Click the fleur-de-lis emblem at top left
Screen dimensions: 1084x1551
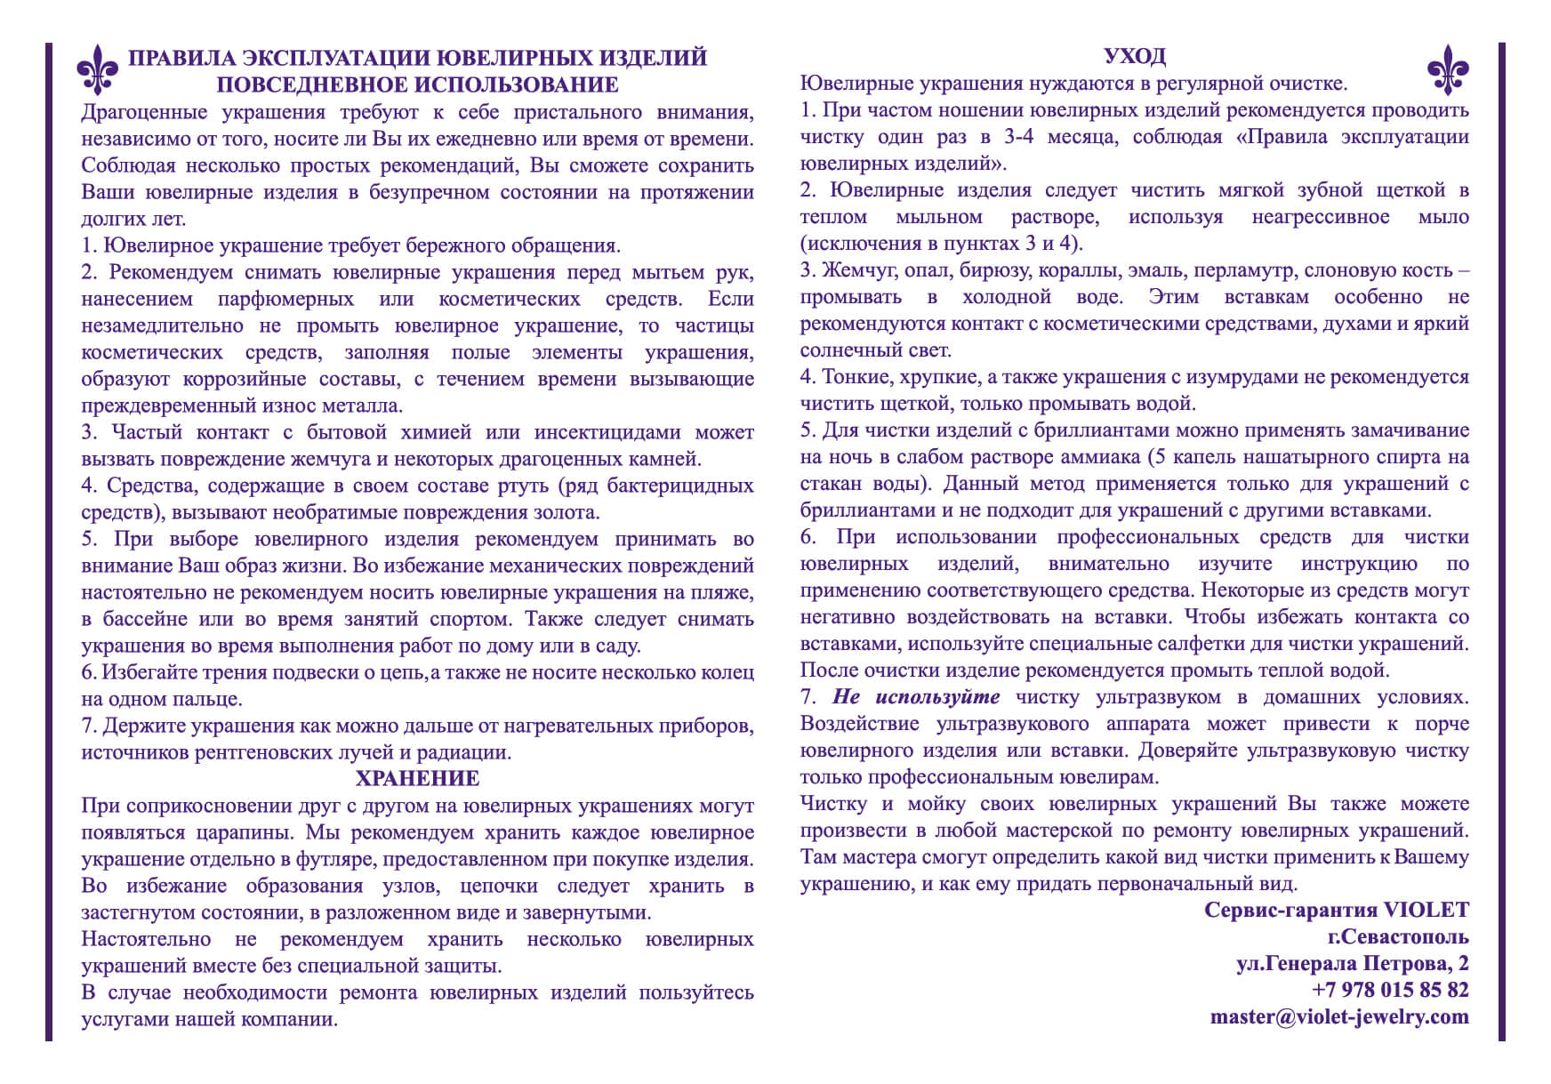coord(97,70)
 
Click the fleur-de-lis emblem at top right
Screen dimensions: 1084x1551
coord(1448,70)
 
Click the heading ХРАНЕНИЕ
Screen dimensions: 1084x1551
coord(417,779)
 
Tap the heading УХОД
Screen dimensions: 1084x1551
coord(1134,57)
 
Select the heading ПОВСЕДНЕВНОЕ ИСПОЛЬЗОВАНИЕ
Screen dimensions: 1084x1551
coord(417,85)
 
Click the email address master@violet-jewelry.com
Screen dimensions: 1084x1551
coord(1339,1017)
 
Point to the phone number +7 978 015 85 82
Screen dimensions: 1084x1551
coord(1390,990)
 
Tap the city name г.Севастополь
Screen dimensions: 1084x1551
coord(1398,936)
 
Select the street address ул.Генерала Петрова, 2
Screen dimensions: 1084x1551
coord(1352,963)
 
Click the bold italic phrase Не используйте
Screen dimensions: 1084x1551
coord(916,697)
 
